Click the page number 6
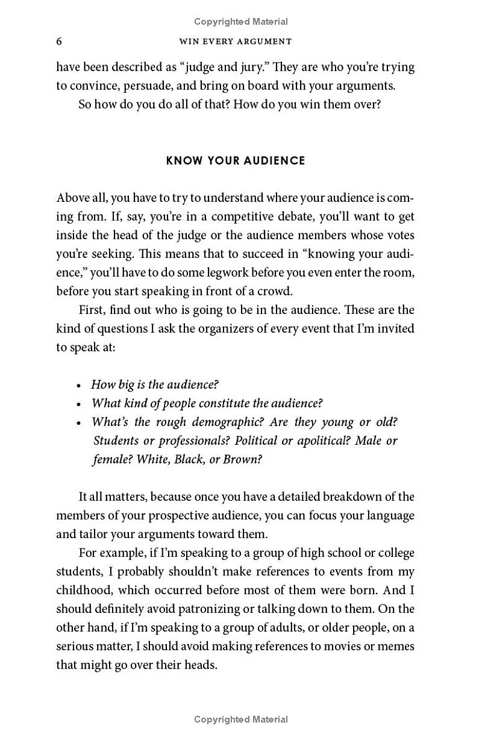point(59,41)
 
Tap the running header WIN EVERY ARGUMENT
point(236,42)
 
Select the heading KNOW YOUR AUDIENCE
point(236,161)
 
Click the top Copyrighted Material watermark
point(241,22)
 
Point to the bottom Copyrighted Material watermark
point(241,719)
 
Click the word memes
point(398,647)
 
